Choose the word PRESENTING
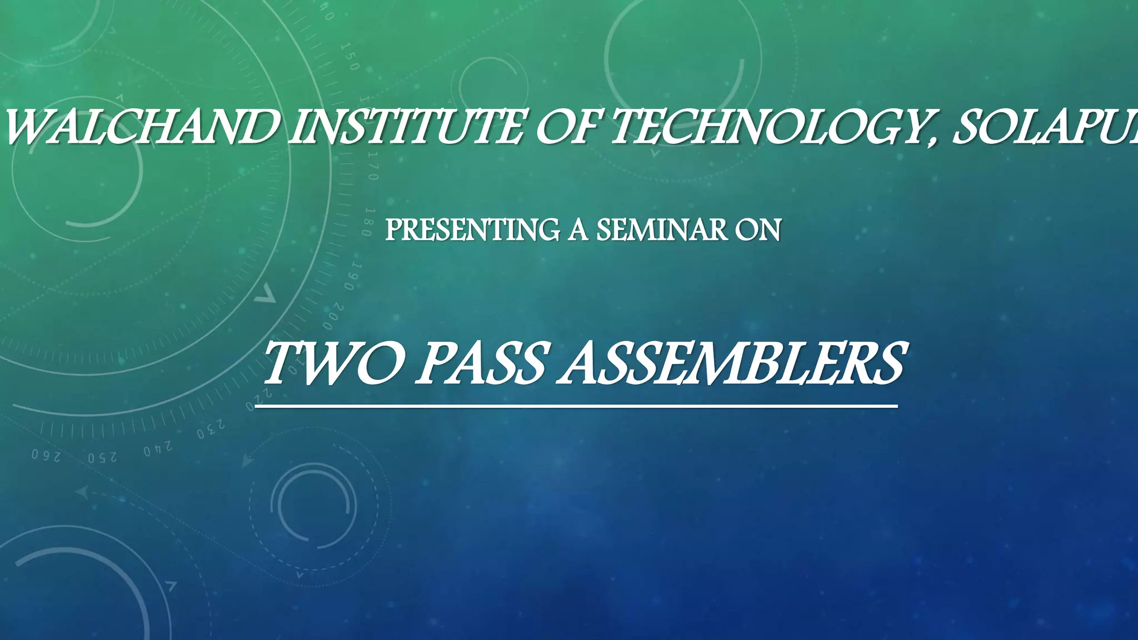[x=472, y=230]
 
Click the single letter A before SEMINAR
[x=578, y=230]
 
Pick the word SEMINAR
[x=662, y=230]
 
